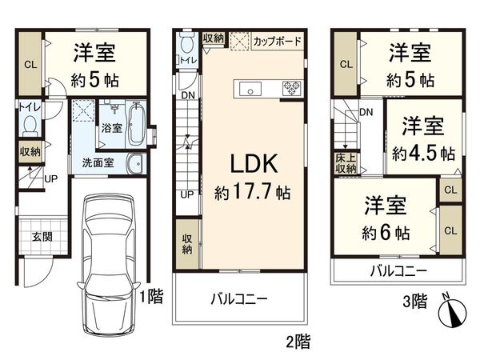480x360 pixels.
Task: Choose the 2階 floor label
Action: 297,342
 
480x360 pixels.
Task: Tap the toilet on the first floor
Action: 30,126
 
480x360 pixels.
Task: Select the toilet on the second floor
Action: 186,47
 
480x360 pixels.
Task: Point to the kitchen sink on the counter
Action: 246,87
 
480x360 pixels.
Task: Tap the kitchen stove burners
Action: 288,87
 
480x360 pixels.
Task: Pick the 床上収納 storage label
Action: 346,163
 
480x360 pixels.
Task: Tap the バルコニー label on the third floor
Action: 398,272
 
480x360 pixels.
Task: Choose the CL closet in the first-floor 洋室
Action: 29,65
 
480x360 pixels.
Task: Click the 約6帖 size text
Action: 386,233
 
